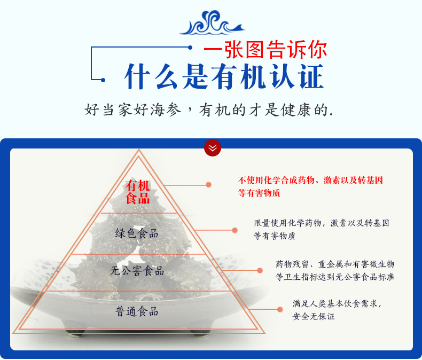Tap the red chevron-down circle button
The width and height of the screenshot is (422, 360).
[x=213, y=147]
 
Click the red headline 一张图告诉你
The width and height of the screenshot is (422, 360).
[x=265, y=50]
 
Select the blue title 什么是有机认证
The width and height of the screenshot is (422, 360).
[x=224, y=76]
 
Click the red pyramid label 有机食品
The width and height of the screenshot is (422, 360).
[x=138, y=192]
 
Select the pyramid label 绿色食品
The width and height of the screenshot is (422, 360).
[x=137, y=233]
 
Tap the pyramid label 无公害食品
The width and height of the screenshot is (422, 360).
[x=137, y=271]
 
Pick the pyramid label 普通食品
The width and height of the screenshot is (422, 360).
[x=137, y=311]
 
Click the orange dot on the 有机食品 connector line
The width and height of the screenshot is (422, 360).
[x=209, y=185]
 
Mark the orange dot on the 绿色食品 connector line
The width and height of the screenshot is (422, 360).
[x=235, y=230]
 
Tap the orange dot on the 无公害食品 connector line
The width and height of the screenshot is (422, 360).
[x=260, y=270]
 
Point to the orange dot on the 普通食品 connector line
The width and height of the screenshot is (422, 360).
[x=280, y=309]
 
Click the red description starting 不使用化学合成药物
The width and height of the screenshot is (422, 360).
[x=310, y=186]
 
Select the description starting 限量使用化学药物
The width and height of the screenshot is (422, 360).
[x=321, y=229]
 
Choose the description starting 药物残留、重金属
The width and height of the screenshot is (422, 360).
[x=335, y=270]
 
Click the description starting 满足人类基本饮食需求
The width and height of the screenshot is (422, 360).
[x=337, y=309]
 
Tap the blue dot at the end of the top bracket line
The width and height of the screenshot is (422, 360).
[x=190, y=48]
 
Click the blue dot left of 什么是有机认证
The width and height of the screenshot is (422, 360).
[x=103, y=80]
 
